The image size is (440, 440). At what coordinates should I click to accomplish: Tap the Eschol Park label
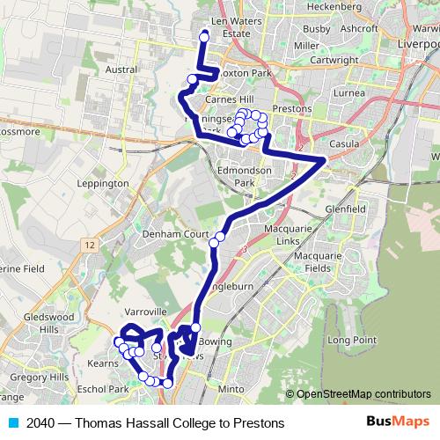[104, 388]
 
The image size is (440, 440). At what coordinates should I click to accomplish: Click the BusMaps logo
[398, 423]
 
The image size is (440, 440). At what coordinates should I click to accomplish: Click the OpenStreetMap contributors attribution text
[363, 394]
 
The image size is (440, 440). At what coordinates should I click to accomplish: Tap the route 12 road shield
[91, 242]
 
